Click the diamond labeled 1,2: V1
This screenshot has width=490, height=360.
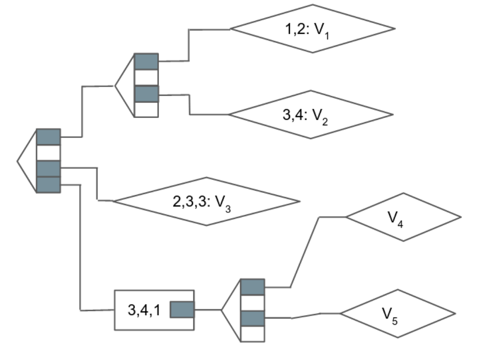pyautogui.click(x=312, y=29)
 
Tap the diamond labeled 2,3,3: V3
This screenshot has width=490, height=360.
pyautogui.click(x=206, y=201)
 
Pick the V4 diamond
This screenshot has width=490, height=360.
pyautogui.click(x=403, y=217)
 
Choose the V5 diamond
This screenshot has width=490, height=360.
pyautogui.click(x=398, y=313)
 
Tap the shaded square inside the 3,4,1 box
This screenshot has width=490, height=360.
pyautogui.click(x=182, y=310)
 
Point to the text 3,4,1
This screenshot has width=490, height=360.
pyautogui.click(x=144, y=310)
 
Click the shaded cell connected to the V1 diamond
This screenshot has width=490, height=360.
pyautogui.click(x=146, y=62)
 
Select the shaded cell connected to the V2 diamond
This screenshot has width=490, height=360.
pyautogui.click(x=146, y=94)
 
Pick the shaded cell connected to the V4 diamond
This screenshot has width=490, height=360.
pyautogui.click(x=252, y=287)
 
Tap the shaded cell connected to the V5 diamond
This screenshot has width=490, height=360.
pyautogui.click(x=252, y=318)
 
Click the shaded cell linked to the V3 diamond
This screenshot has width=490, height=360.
pyautogui.click(x=48, y=168)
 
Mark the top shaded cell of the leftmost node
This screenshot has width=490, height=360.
pyautogui.click(x=48, y=137)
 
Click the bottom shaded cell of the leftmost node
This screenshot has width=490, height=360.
pyautogui.click(x=48, y=185)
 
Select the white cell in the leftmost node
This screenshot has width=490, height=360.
pyautogui.click(x=48, y=153)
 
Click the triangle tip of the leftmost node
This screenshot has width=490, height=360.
pyautogui.click(x=18, y=161)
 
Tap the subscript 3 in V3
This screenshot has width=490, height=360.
pyautogui.click(x=228, y=207)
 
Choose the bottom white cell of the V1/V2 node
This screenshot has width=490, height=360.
pyautogui.click(x=146, y=109)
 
